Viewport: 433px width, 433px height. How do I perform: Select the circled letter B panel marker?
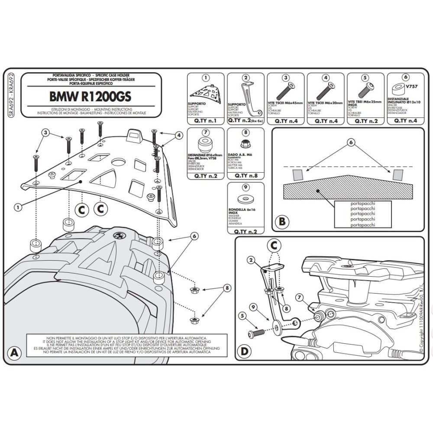(x=281, y=222)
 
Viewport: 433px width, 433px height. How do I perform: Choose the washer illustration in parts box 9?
(x=245, y=199)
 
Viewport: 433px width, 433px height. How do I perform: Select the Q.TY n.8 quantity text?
(x=245, y=176)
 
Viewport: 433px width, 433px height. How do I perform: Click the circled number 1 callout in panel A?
(x=18, y=207)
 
